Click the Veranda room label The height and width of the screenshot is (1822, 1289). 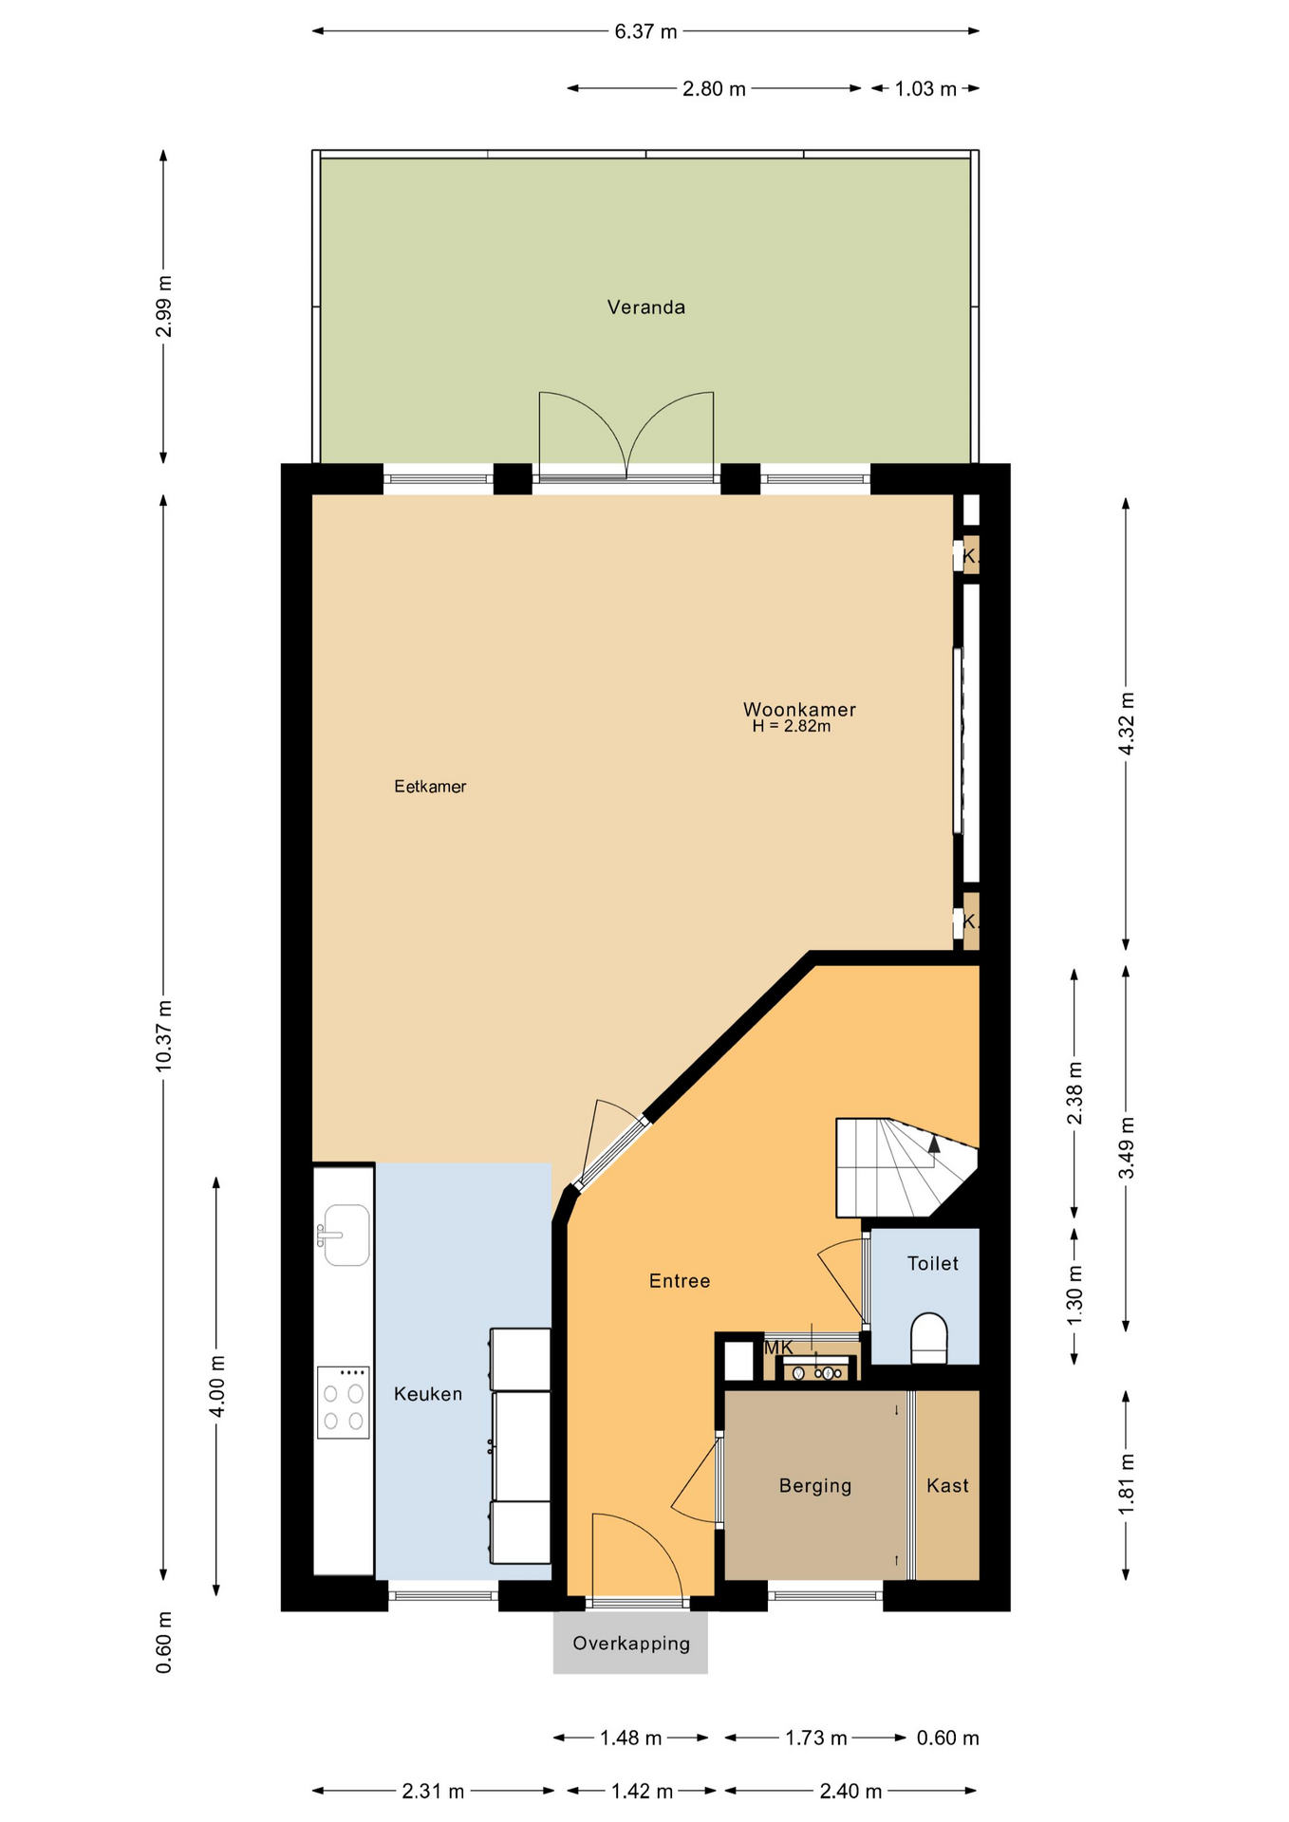(645, 307)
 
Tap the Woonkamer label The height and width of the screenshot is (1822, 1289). (799, 710)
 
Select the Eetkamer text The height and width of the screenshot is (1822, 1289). (430, 787)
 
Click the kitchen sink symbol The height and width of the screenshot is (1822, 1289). (346, 1235)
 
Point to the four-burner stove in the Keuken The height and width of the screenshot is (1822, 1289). (343, 1403)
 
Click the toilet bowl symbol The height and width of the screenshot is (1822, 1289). (929, 1337)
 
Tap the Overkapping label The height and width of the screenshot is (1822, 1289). (631, 1644)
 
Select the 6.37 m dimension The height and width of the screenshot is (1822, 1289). (645, 32)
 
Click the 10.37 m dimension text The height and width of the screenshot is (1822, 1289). (164, 1036)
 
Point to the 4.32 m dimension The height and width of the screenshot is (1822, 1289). (1127, 724)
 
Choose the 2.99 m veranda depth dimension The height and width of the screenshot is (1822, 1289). (164, 306)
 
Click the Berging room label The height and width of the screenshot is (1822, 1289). (814, 1486)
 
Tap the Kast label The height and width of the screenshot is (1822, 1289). (947, 1486)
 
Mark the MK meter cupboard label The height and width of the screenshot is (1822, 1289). (778, 1348)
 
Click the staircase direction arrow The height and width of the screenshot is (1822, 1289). (934, 1143)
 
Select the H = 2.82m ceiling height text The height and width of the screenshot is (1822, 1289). (791, 727)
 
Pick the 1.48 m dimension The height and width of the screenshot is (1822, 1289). (630, 1738)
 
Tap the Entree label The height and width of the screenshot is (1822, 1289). (680, 1281)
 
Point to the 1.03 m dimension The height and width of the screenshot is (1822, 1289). (925, 89)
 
